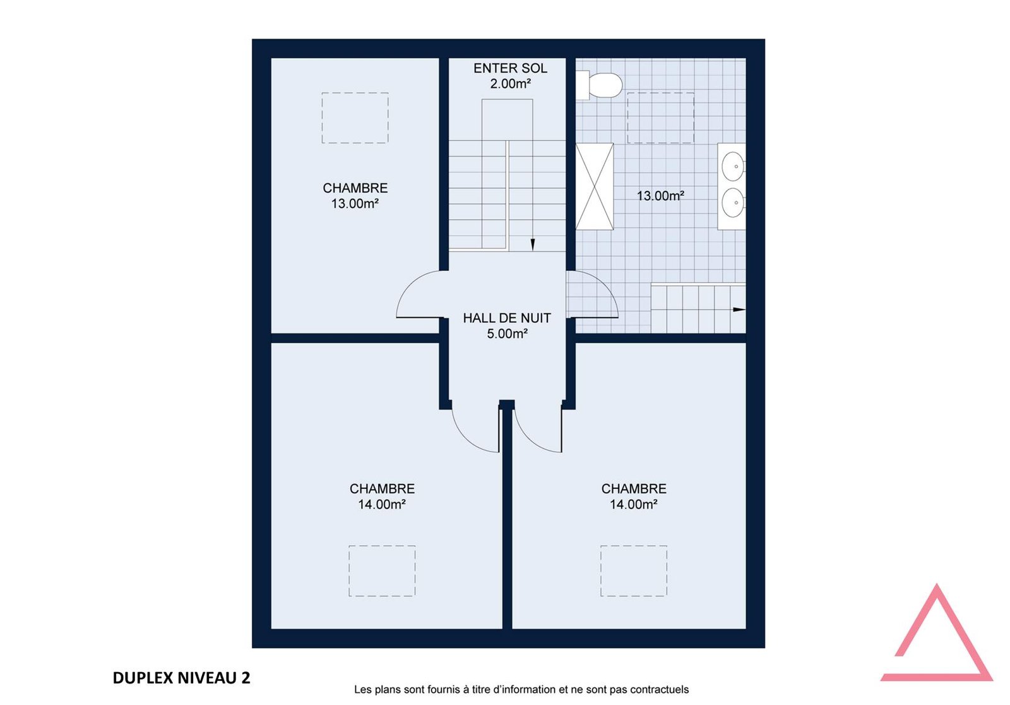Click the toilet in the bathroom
[599, 85]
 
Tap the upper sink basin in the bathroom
[733, 167]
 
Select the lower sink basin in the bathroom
[733, 203]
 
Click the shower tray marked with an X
[595, 186]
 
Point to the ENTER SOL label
[511, 68]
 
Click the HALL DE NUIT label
[507, 318]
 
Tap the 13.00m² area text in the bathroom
[660, 196]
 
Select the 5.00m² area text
[508, 334]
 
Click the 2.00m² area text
[511, 83]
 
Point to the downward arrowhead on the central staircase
[533, 244]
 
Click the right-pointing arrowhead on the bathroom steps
[739, 310]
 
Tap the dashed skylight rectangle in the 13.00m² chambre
[355, 118]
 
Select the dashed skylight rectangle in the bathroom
[660, 118]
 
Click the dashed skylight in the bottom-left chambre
[382, 571]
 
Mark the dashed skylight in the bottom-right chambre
[634, 571]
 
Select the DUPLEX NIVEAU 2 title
[181, 678]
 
